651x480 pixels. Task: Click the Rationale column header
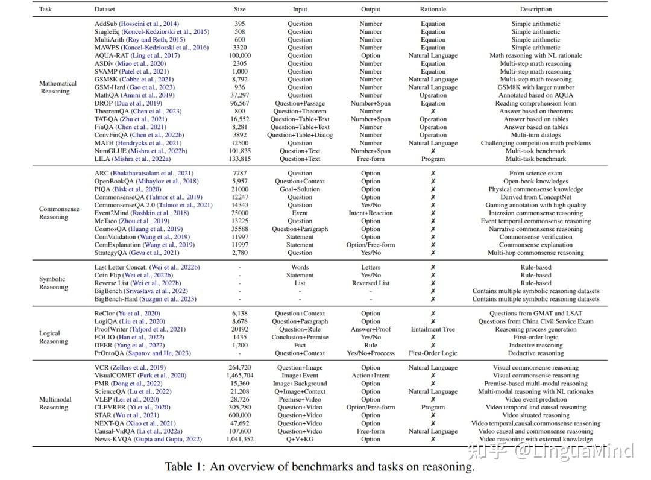433,9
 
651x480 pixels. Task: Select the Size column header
240,9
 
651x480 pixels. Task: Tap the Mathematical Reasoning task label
58,87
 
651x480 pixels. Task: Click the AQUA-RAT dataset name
112,55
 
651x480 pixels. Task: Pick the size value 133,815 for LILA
240,159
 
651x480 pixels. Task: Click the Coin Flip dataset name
108,275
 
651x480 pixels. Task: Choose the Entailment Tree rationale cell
433,329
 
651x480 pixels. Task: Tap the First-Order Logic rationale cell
433,353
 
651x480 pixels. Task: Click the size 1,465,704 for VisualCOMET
240,375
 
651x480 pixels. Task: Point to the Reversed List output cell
371,283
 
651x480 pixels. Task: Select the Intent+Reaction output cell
371,213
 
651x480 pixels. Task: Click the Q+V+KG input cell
300,439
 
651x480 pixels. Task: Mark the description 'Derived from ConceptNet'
535,197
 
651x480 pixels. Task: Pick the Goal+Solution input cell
300,189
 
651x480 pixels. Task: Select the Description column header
535,9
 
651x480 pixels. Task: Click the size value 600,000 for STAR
240,415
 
